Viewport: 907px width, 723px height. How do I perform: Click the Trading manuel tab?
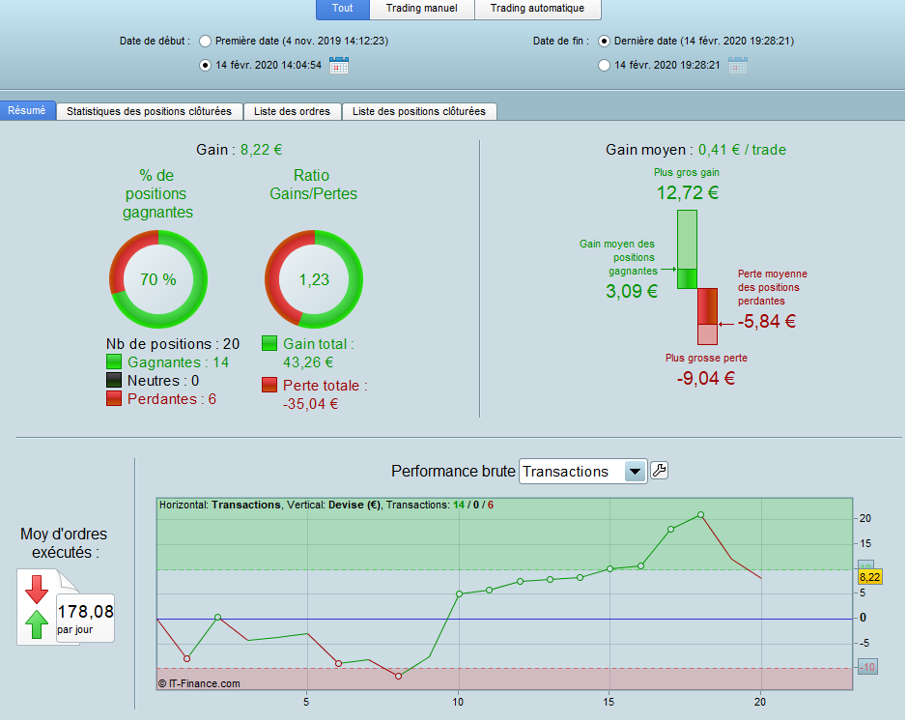pos(422,9)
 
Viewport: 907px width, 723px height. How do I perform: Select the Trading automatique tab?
pos(537,9)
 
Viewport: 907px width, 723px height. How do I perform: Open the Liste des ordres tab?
pos(292,111)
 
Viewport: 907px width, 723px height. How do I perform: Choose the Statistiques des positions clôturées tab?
pos(150,111)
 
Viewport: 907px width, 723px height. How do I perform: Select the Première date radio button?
pos(205,42)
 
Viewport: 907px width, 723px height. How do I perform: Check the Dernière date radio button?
pos(604,42)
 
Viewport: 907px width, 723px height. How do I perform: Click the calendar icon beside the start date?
pos(339,65)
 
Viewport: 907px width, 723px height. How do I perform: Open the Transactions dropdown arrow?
pos(635,471)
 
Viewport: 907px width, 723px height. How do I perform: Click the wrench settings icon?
pos(660,470)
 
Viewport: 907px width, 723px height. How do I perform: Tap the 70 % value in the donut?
pos(157,279)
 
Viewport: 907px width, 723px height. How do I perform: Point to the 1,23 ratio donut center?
pos(314,279)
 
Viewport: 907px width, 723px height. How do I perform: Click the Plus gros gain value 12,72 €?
pos(687,192)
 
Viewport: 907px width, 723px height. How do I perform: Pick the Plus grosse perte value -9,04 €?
pos(706,379)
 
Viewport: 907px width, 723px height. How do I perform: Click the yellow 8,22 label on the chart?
pos(869,577)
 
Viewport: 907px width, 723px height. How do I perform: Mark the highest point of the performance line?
pos(700,514)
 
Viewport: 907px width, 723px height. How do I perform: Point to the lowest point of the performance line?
pos(399,676)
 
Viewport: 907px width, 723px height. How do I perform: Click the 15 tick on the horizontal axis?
pos(609,702)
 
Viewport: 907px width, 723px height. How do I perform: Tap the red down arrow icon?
pos(37,590)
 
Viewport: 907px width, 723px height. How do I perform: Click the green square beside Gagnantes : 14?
pos(114,362)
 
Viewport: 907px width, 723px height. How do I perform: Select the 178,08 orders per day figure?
pos(86,612)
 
